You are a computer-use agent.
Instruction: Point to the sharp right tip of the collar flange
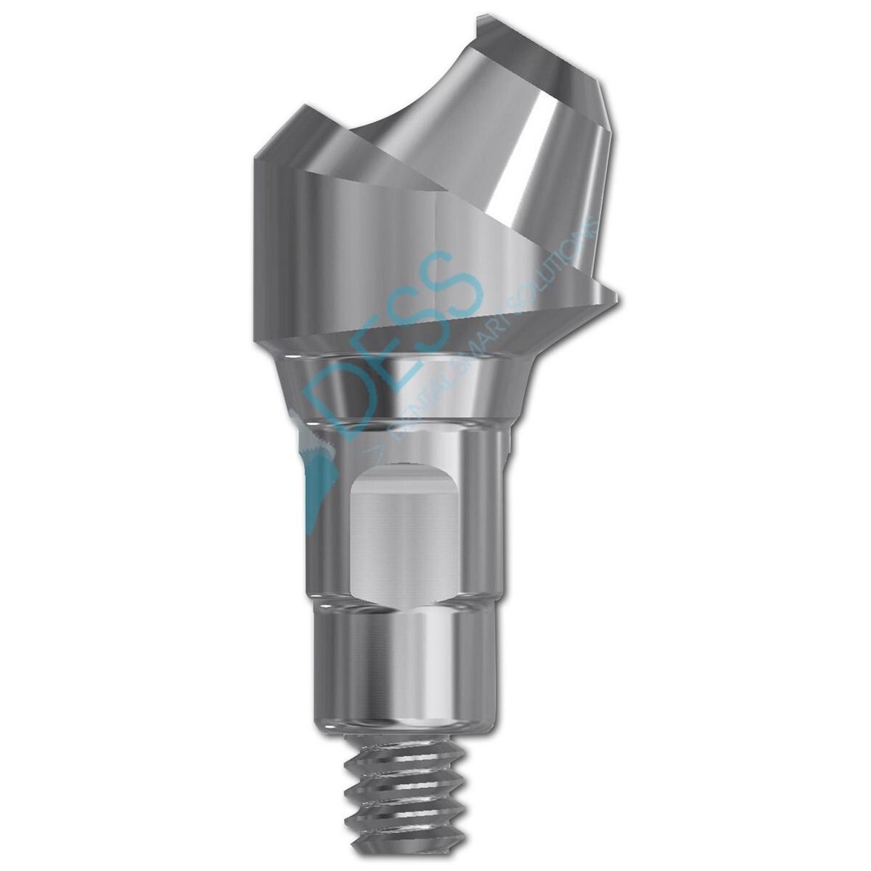(x=616, y=296)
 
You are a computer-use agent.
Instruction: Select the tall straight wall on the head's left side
(x=279, y=247)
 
